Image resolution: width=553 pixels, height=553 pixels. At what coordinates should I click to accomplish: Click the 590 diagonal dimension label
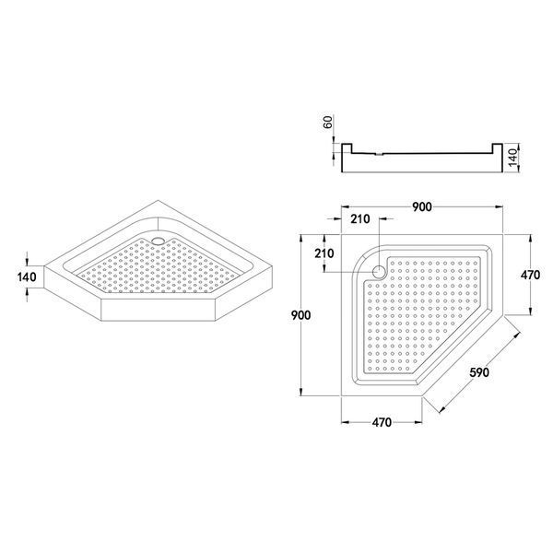click(479, 372)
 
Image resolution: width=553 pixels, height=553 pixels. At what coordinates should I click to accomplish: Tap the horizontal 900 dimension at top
click(422, 207)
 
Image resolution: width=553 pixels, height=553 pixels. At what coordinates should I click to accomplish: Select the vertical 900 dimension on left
click(300, 315)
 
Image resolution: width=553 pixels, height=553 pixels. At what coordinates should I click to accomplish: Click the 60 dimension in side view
click(328, 122)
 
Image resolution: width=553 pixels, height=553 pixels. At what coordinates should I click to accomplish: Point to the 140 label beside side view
click(512, 158)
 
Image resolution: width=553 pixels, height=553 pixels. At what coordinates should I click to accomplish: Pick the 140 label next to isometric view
click(27, 276)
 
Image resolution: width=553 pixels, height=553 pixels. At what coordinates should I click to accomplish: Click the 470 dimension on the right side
click(531, 275)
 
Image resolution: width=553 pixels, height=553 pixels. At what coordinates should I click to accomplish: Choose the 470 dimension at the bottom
click(382, 422)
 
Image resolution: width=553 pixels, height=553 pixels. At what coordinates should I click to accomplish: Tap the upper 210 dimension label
click(360, 219)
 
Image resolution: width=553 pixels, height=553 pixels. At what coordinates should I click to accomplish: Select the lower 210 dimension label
click(324, 253)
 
